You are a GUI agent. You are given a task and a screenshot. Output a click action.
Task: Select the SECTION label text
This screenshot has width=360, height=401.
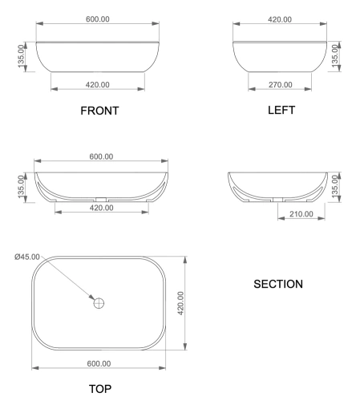(277, 284)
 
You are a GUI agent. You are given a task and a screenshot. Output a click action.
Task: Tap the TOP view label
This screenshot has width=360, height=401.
(100, 388)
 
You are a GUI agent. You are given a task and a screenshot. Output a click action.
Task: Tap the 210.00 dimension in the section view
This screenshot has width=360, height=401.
(301, 213)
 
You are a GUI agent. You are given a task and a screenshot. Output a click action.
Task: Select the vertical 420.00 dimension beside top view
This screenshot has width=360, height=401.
(180, 304)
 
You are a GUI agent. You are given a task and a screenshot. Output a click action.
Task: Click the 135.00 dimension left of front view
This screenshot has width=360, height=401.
(23, 57)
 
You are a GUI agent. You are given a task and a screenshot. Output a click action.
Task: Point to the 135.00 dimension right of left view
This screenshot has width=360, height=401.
(335, 57)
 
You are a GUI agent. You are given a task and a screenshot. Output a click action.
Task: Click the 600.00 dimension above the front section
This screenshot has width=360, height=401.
(100, 157)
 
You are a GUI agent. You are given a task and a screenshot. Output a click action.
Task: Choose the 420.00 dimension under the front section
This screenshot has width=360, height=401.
(100, 208)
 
